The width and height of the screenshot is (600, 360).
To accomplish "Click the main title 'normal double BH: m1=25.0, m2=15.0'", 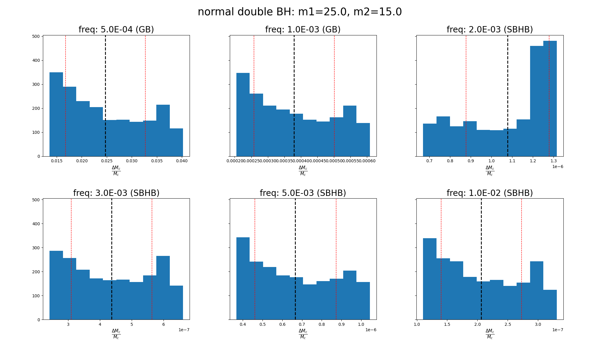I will point(300,12).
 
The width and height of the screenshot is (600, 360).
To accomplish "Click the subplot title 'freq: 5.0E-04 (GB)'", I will point(116,30).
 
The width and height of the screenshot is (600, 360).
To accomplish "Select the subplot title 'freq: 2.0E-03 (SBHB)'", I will point(490,30).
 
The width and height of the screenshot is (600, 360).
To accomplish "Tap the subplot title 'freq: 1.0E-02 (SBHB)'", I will point(490,193).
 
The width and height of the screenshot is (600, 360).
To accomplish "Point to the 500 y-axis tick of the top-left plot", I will point(36,37).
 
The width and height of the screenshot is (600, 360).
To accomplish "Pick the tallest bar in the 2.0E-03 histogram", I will point(550,99).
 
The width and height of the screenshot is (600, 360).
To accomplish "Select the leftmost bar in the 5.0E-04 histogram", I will point(56,114).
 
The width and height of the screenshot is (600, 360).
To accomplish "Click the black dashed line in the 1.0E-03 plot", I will point(294,90).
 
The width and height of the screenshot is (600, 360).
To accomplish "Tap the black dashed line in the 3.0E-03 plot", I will point(112,255).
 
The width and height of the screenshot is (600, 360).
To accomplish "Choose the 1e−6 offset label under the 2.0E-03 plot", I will point(557,167).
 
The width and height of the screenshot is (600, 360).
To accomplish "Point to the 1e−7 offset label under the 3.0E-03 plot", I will point(184,330).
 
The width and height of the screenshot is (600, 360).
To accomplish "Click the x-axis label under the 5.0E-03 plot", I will point(303,334).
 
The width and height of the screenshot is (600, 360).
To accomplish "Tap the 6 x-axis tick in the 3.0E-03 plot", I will point(163,324).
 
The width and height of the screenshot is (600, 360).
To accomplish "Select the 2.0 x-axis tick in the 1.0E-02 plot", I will point(478,324).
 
